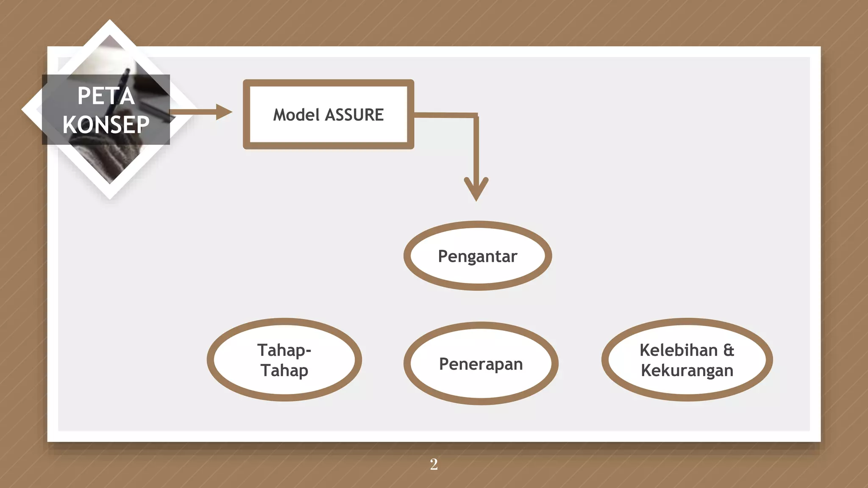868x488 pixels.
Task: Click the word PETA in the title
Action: [106, 96]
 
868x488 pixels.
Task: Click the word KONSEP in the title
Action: [106, 125]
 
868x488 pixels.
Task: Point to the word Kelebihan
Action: [679, 350]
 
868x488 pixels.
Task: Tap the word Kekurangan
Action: [687, 371]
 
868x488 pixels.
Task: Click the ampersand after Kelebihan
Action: [729, 350]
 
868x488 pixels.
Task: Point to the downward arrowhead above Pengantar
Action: [476, 189]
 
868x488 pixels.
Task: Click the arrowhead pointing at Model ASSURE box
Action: [223, 112]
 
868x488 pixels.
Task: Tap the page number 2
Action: [434, 464]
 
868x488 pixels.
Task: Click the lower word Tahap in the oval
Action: [284, 371]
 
